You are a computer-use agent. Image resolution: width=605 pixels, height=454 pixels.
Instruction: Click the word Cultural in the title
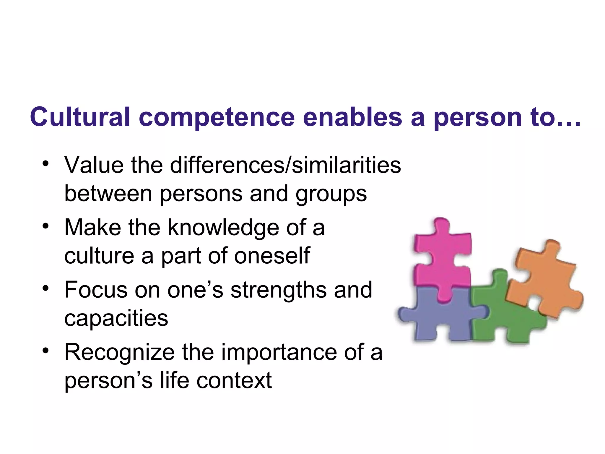(x=80, y=117)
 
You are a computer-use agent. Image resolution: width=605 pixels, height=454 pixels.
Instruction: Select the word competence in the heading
(x=217, y=118)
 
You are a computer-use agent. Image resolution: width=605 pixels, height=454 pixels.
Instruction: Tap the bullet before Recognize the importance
(x=45, y=351)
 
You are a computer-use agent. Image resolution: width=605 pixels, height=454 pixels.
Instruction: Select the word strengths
(x=279, y=290)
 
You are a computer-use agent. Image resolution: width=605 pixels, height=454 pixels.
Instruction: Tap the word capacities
(x=116, y=319)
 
